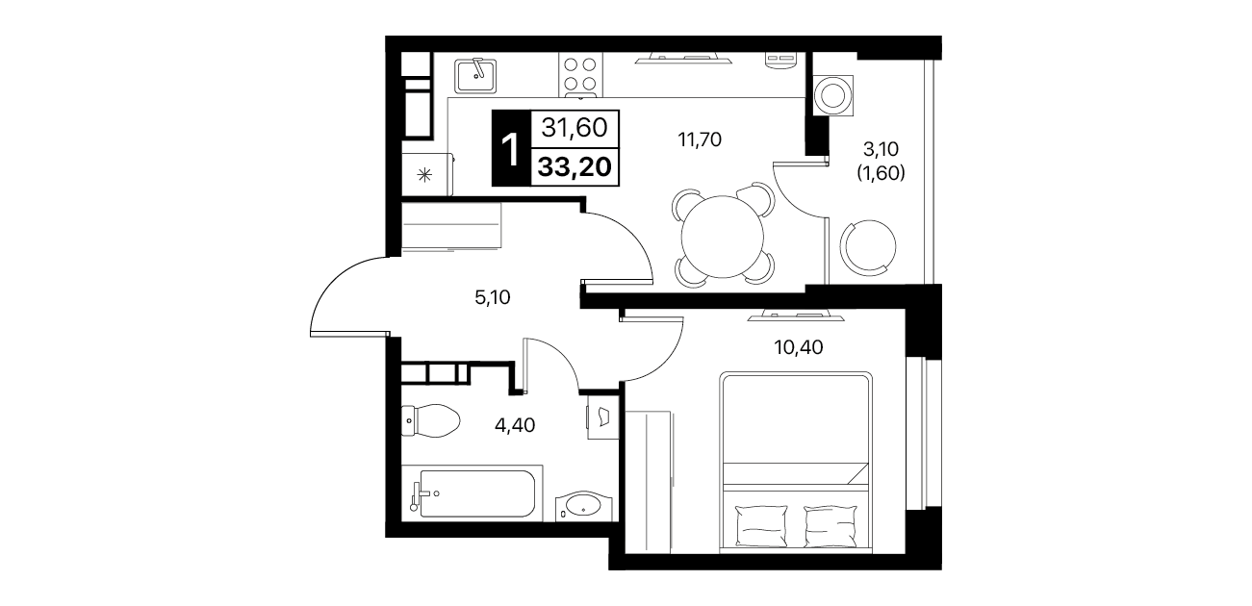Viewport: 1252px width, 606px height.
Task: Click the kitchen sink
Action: coord(475,76)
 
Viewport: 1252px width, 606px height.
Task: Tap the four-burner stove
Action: coord(580,75)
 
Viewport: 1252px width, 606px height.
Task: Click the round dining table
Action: coord(722,237)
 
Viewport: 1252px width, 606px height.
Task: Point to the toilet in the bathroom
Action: coord(430,420)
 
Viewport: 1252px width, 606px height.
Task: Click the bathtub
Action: coord(472,493)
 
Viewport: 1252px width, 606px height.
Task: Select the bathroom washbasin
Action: coord(583,507)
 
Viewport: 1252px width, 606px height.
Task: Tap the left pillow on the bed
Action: coord(762,525)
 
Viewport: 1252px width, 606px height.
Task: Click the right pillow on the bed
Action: coord(830,525)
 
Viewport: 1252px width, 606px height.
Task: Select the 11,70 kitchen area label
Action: coord(700,139)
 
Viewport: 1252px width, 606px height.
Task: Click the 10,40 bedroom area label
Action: coord(799,347)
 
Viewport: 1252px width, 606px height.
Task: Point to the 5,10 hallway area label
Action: coord(493,297)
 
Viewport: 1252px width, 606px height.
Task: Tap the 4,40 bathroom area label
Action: coord(515,425)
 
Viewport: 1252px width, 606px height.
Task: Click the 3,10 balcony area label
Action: coord(881,149)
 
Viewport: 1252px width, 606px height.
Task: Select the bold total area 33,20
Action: coord(575,166)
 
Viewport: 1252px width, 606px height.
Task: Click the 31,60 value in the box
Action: coord(575,129)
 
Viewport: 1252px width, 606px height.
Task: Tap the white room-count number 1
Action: coord(510,150)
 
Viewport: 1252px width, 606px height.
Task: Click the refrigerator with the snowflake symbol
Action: coord(427,174)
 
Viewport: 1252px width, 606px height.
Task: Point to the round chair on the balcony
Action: coord(868,246)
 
